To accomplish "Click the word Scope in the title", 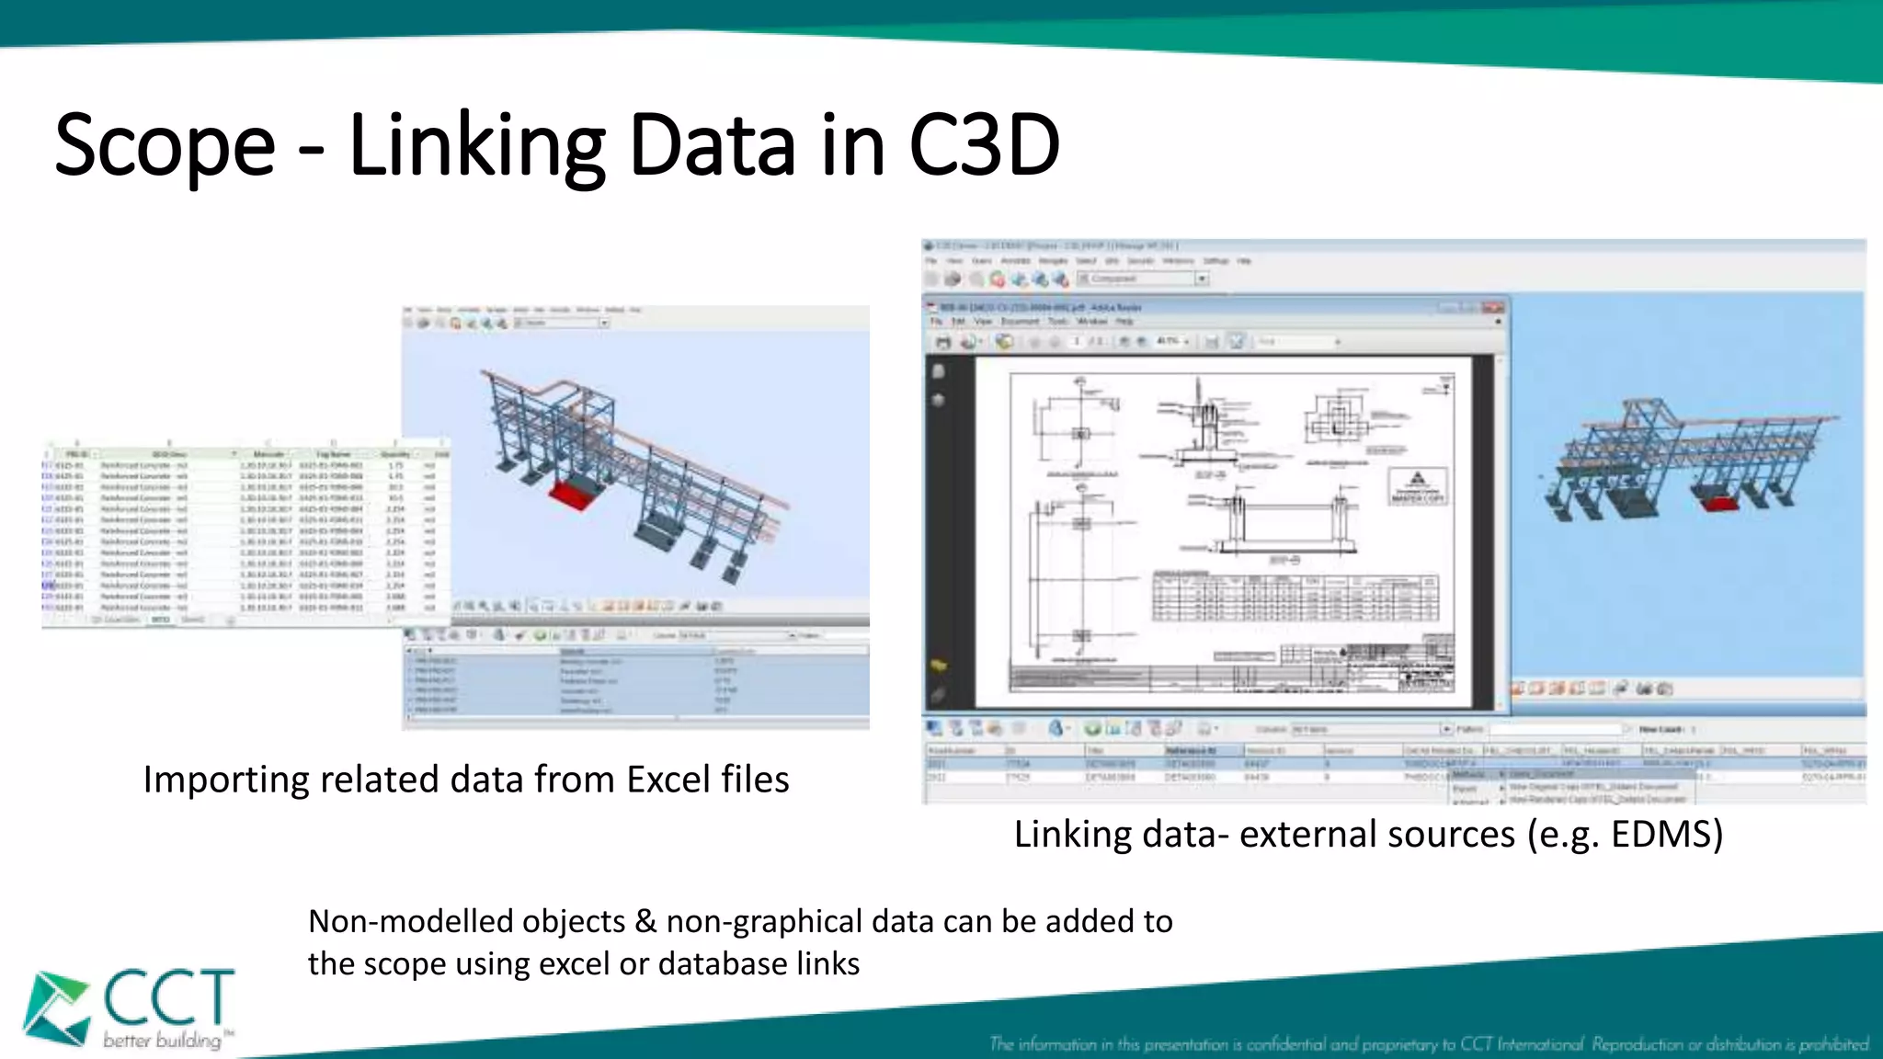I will click(x=165, y=145).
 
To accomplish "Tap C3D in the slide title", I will click(x=984, y=145).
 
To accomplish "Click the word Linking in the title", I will click(x=476, y=145).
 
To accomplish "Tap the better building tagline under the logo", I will click(x=163, y=1041).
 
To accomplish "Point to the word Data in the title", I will click(x=712, y=145).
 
